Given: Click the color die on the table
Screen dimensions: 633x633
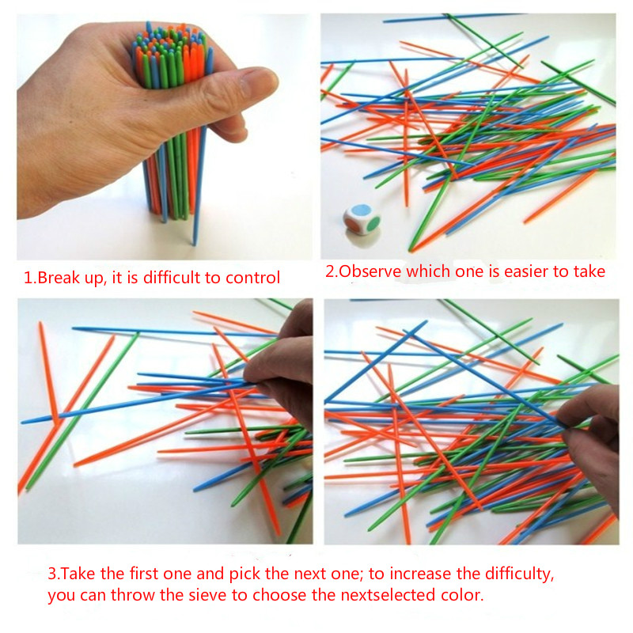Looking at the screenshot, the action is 362,220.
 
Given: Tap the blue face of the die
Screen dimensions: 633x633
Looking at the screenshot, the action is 361,210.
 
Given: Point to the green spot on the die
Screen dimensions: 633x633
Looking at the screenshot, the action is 374,224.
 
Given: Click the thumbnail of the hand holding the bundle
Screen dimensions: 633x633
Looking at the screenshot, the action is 165,136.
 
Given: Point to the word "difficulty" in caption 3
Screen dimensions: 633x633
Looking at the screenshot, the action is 520,574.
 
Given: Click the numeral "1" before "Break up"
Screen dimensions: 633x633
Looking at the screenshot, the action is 28,279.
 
